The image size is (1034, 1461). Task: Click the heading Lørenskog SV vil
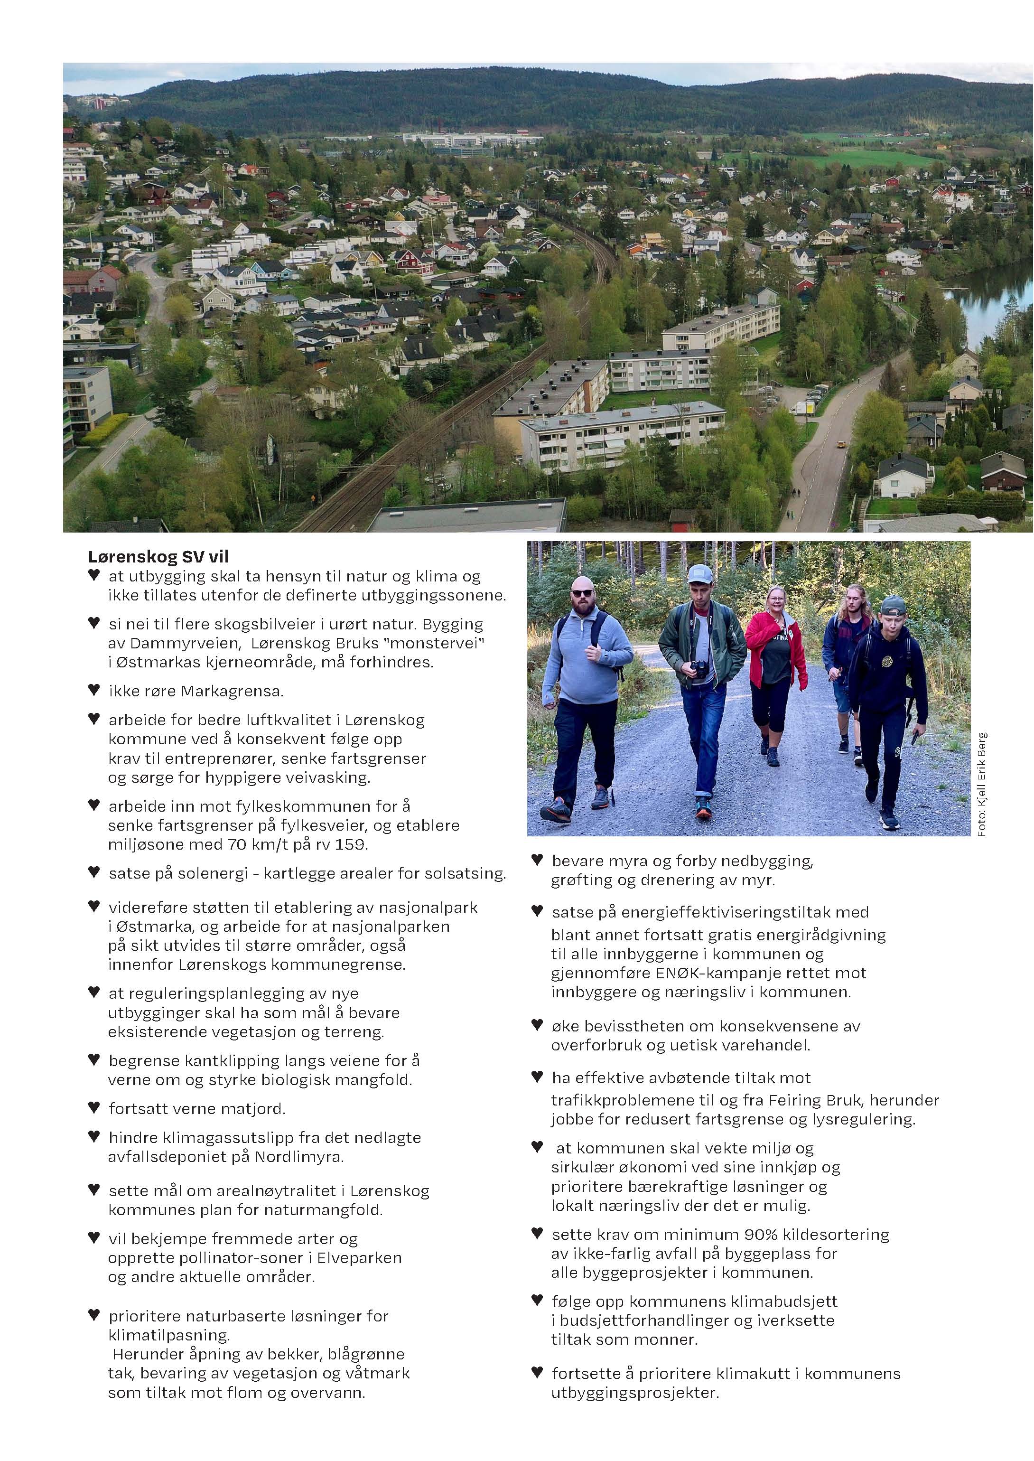click(x=158, y=557)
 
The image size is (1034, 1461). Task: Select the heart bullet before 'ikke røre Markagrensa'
click(x=94, y=690)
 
